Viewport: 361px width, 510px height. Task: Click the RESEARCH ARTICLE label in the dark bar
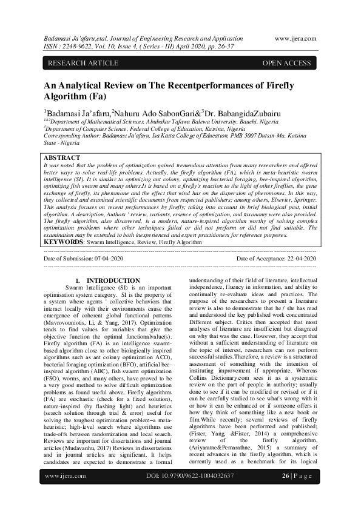pyautogui.click(x=76, y=63)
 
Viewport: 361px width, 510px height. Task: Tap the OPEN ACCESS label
pyautogui.click(x=286, y=63)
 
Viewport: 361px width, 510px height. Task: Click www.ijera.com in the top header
pyautogui.click(x=295, y=38)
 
